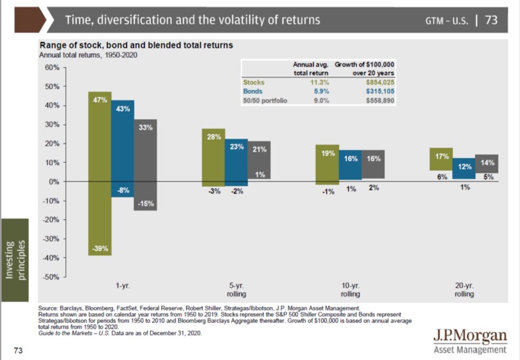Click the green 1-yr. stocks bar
pos(100,174)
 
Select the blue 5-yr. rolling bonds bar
pos(236,162)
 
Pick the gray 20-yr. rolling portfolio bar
pos(486,164)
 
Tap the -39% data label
pos(100,248)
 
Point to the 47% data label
pos(100,100)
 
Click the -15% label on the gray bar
pos(145,203)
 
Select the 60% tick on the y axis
pos(52,67)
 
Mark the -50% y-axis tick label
pos(50,277)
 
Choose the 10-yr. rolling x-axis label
pos(350,289)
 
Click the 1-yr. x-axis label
pos(122,286)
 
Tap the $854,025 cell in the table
pos(380,82)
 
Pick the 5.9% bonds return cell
pos(322,92)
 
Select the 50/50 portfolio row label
pos(265,100)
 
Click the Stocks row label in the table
pos(254,82)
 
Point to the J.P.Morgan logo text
pos(470,336)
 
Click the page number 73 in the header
pos(491,20)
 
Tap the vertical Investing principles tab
pos(15,260)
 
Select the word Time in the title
pos(75,20)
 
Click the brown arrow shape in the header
pos(30,20)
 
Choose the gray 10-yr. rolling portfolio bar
pos(373,164)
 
